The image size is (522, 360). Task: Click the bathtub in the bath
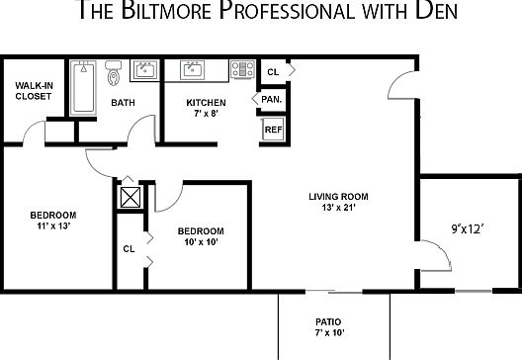click(84, 90)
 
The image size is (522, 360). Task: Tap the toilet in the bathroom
click(113, 72)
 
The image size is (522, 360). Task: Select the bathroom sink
click(146, 70)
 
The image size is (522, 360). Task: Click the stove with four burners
click(242, 70)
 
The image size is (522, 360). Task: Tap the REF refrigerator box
click(272, 128)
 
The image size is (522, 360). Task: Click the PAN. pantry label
click(270, 99)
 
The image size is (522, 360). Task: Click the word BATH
click(123, 103)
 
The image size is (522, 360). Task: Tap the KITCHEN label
click(206, 103)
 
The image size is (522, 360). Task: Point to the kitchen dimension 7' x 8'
click(206, 114)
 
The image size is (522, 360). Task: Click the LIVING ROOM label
click(332, 196)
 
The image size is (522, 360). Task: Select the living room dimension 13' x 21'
click(332, 207)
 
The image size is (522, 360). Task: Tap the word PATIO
click(327, 321)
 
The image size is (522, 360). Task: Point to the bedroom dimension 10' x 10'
click(201, 242)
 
